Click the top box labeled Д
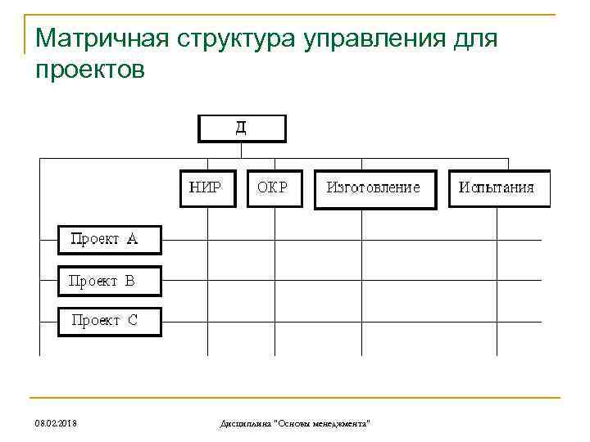click(242, 129)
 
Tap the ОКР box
click(274, 187)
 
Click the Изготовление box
click(375, 188)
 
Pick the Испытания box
click(498, 188)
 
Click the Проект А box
click(109, 240)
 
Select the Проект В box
click(109, 281)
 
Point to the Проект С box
click(109, 321)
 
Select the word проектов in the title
click(90, 70)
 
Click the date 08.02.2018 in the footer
click(57, 423)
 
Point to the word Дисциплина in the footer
click(247, 423)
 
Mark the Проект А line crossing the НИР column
click(208, 240)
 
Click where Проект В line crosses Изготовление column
click(362, 281)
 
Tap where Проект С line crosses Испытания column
click(497, 321)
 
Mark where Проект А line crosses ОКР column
click(275, 240)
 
